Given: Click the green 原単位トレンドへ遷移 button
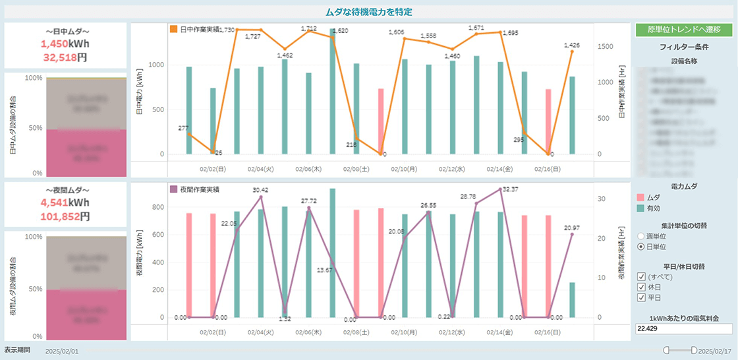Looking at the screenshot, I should tap(685, 30).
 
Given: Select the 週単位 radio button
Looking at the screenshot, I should tap(641, 236).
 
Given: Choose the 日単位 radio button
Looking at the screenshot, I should tap(641, 247).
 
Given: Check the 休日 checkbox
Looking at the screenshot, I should tap(641, 287).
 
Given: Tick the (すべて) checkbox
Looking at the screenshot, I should tap(641, 276).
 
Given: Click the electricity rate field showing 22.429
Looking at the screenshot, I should tap(684, 328).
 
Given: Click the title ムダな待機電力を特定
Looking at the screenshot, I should tap(368, 11).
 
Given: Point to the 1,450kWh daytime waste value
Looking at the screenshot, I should tap(65, 44).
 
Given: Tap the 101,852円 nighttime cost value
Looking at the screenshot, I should tap(65, 216).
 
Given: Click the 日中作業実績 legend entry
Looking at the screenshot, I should tap(198, 29).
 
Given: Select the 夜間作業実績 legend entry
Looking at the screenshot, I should tap(198, 189).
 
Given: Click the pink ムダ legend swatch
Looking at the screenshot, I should tap(640, 197).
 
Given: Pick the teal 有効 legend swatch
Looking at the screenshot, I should tap(640, 208).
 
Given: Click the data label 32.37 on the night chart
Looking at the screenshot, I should tap(510, 189).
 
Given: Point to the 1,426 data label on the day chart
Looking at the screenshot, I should tap(572, 45).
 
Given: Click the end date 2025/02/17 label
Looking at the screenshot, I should tap(716, 351).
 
